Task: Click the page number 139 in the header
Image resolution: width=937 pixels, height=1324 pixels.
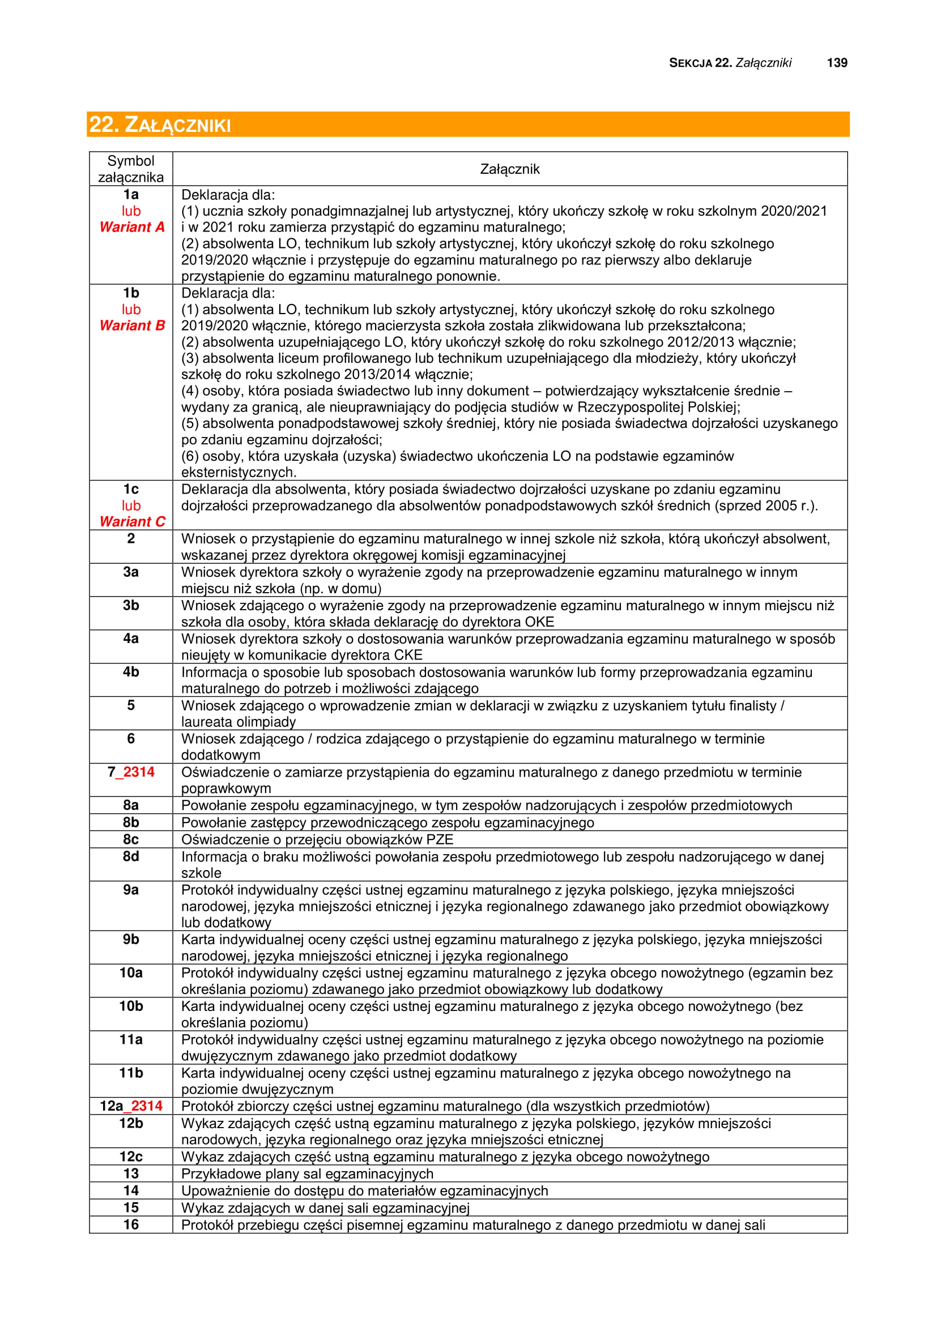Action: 837,63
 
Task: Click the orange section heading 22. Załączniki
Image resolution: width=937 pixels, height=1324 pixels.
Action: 160,125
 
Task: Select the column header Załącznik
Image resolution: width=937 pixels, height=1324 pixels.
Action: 509,169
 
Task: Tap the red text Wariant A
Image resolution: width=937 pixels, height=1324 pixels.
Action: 131,227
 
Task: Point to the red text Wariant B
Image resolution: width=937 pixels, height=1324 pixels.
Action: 131,325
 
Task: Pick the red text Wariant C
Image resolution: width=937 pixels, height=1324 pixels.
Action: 131,521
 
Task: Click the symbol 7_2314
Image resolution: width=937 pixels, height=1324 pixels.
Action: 131,772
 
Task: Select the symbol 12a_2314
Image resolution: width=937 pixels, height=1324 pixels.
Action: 131,1106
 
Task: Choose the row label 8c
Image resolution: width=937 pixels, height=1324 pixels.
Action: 131,839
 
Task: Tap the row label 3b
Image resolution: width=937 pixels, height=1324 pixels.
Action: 131,605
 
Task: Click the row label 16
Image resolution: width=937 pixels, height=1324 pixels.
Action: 131,1224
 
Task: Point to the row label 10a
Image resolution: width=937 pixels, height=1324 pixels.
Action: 131,973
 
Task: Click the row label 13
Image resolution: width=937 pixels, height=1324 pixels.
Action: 131,1173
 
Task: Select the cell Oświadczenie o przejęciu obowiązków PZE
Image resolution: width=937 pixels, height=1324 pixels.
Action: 317,839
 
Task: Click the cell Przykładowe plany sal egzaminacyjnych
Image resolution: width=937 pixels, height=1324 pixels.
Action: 307,1174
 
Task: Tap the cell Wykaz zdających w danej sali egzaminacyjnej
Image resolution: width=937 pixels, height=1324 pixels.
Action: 325,1207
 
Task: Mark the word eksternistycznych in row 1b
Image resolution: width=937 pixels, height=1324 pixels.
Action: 238,472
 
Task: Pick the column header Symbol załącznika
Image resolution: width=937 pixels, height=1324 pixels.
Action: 131,169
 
